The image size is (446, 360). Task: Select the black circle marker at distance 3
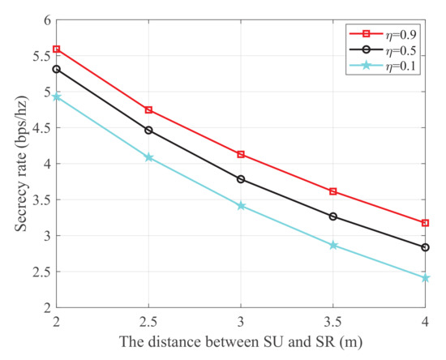click(241, 179)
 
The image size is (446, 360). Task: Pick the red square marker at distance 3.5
click(333, 191)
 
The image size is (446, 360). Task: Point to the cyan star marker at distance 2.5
click(149, 157)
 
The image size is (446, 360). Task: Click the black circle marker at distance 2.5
click(149, 130)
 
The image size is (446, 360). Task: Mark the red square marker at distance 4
click(426, 223)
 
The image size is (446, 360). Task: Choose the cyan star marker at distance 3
click(241, 206)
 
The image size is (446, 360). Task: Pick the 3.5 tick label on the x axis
click(333, 322)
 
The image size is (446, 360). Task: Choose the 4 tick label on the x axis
click(426, 322)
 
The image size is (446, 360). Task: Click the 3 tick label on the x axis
click(241, 322)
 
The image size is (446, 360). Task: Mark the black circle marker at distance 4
click(426, 247)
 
